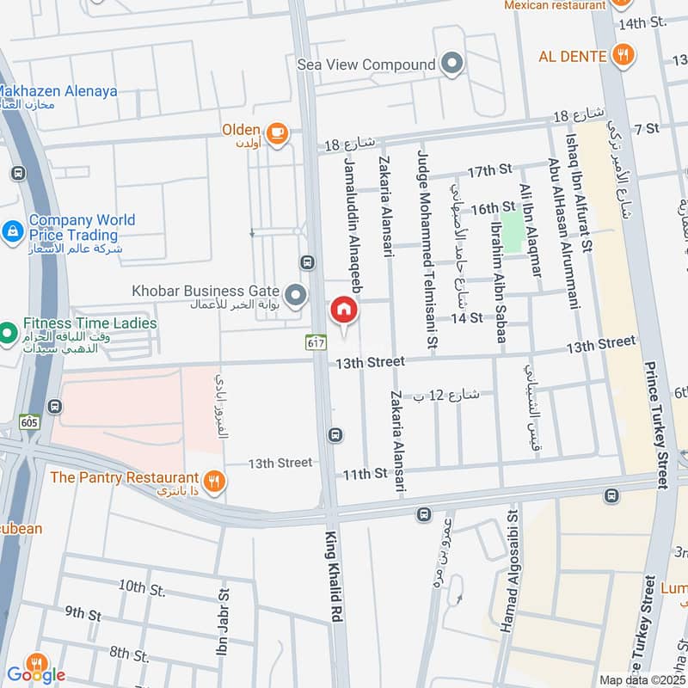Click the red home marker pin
tap(343, 311)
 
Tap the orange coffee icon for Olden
tap(276, 132)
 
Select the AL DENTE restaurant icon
tap(623, 57)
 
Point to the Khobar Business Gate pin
tap(296, 297)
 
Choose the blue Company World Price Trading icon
tap(13, 230)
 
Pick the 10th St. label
tap(142, 587)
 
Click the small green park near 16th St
tap(512, 232)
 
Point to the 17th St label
tap(489, 172)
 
